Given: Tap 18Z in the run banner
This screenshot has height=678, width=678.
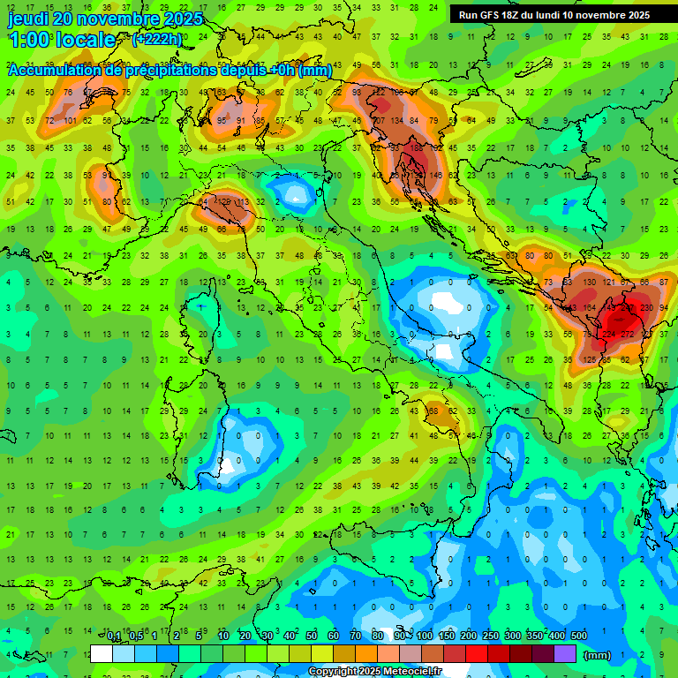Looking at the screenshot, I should [x=519, y=15].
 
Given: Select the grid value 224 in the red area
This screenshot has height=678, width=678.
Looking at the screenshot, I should [x=607, y=335].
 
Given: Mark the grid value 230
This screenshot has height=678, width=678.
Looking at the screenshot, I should [x=647, y=308].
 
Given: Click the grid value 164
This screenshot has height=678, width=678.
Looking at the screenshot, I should [x=586, y=308].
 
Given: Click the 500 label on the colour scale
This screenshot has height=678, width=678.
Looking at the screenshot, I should [x=578, y=637].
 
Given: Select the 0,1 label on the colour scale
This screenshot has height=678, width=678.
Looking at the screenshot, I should [x=115, y=637].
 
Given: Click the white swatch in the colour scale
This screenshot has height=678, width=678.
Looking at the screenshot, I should [x=102, y=654].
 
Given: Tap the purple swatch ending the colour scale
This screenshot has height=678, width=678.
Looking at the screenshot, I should [x=565, y=654].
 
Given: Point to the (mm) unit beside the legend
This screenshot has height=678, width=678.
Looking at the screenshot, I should [x=598, y=655].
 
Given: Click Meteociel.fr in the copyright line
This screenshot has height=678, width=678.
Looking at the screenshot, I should [x=406, y=672].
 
